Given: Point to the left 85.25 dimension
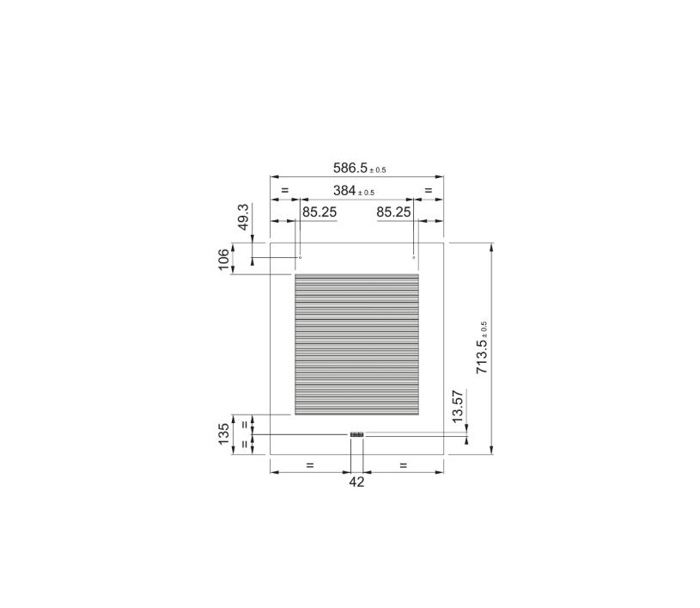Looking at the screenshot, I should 319,212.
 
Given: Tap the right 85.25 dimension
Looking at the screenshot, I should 393,212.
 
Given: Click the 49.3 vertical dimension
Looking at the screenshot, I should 243,217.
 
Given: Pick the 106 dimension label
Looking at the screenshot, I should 224,260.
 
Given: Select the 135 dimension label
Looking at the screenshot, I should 224,434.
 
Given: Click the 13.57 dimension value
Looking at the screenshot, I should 458,406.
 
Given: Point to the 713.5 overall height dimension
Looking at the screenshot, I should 482,355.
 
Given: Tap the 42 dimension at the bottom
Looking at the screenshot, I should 356,482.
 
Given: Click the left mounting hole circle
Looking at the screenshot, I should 300,257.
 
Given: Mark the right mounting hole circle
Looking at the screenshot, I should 414,257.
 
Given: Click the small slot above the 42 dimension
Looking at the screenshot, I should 356,434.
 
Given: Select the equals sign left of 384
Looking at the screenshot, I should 284,190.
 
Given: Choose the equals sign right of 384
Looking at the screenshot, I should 429,190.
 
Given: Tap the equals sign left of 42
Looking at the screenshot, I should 310,465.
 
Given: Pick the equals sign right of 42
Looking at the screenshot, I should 403,465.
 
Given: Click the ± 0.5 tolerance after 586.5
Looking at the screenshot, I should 375,170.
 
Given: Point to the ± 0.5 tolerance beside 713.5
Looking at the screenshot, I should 484,330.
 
